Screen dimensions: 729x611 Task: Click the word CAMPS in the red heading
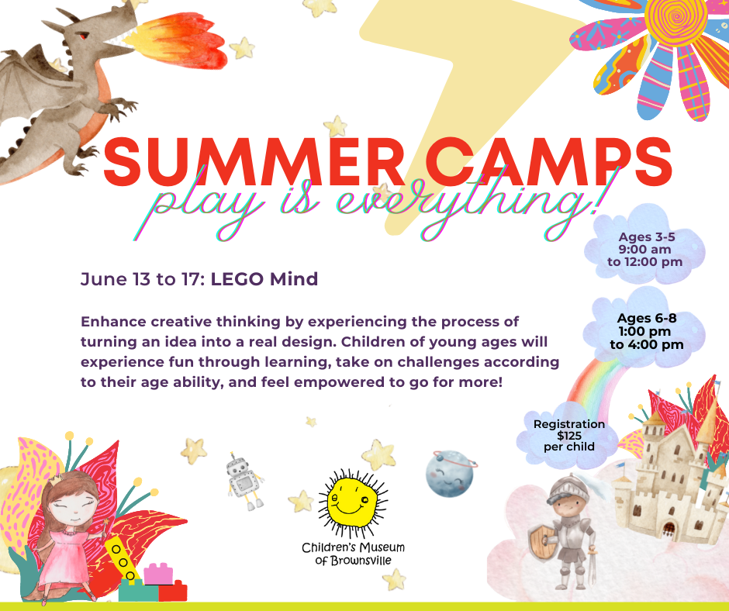[x=548, y=161]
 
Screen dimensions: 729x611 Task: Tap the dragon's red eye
[x=83, y=36]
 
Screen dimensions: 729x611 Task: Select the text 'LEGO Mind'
[x=264, y=279]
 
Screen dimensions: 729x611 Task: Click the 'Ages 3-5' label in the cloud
[x=646, y=236]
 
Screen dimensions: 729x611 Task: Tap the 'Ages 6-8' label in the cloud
[x=646, y=318]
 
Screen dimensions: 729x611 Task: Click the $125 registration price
[x=569, y=436]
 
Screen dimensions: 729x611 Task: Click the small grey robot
[x=244, y=482]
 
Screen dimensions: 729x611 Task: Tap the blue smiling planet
[x=450, y=473]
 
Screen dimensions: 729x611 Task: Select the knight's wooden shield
[x=542, y=543]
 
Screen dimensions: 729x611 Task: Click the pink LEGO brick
[x=158, y=574]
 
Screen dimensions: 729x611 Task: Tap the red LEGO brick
[x=172, y=591]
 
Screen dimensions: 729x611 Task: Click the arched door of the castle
[x=669, y=528]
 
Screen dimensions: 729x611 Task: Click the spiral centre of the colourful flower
[x=677, y=17]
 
